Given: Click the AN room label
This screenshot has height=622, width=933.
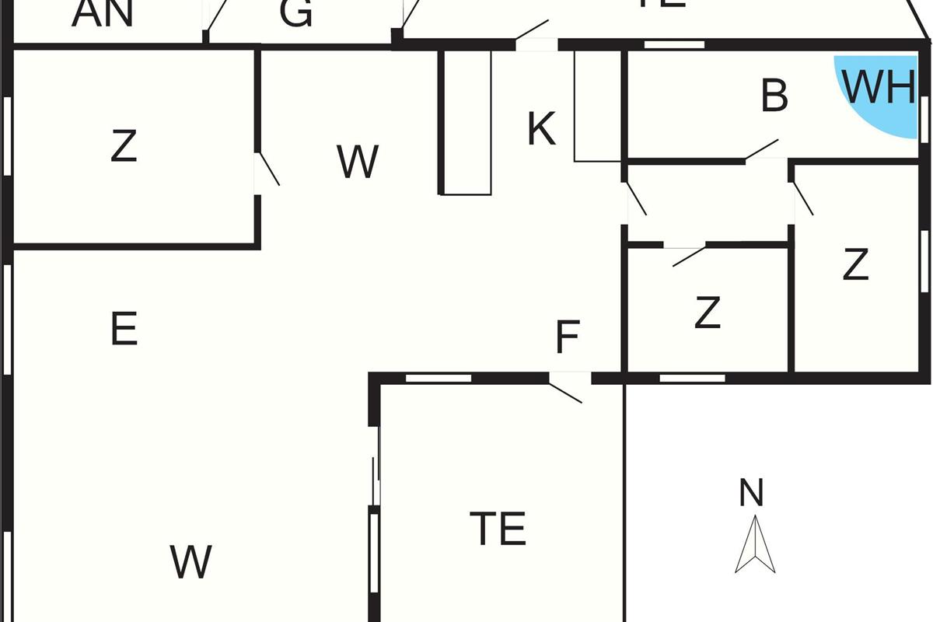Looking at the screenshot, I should (102, 14).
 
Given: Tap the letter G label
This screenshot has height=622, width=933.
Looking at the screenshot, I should (296, 14).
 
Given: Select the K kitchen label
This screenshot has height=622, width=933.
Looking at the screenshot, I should (541, 129).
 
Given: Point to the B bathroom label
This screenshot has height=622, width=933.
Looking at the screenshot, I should (774, 96).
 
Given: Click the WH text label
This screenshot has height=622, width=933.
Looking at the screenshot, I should (879, 88).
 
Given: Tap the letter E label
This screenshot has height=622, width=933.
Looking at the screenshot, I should (124, 329).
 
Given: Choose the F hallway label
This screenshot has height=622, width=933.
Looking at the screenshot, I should (568, 338).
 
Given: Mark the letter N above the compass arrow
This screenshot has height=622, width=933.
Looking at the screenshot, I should (751, 493).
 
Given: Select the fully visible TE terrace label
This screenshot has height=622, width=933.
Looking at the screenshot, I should (498, 529).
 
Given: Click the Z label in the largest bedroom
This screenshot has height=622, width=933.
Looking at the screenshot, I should (124, 146).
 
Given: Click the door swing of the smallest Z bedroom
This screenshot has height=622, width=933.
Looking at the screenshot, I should (688, 255).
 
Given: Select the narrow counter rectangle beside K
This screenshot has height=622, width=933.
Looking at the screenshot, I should (466, 122).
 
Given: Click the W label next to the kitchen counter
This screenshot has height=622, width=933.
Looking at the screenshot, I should (358, 162).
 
